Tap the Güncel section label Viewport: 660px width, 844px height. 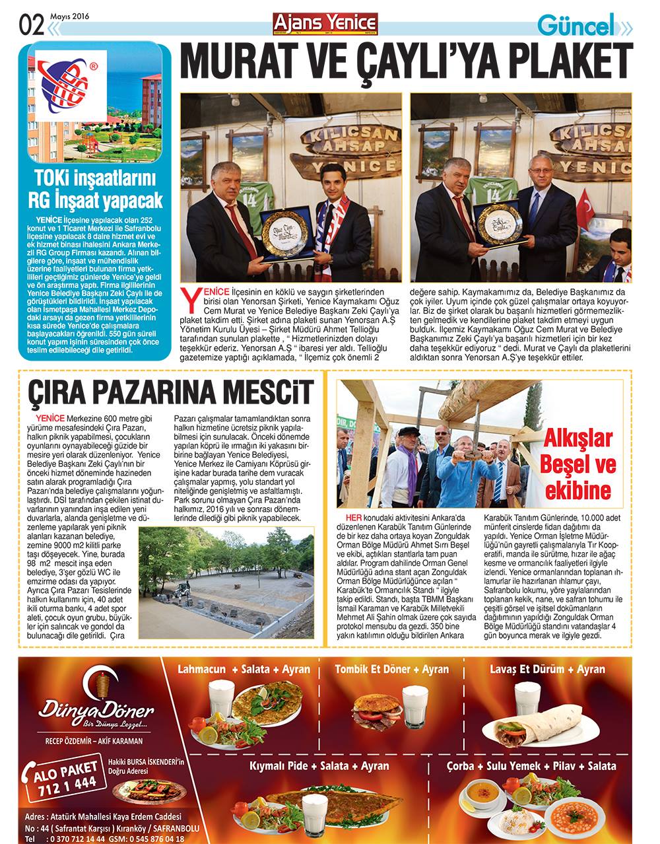576,26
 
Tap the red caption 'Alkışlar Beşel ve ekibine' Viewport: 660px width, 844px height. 578,464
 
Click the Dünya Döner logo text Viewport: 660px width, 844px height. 96,711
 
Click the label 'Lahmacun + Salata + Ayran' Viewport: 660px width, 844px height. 244,669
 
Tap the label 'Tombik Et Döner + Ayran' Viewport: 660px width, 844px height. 391,669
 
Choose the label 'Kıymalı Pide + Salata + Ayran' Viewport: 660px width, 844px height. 319,766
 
